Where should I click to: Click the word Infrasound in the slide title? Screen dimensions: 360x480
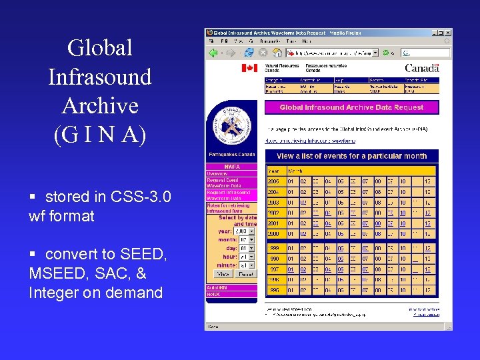pyautogui.click(x=100, y=77)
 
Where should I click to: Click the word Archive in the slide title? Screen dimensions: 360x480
pyautogui.click(x=100, y=105)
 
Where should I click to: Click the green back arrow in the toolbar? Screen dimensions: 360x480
pyautogui.click(x=213, y=52)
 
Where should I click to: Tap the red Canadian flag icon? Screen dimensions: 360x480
pyautogui.click(x=249, y=68)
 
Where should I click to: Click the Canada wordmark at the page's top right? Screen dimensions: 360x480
pyautogui.click(x=421, y=68)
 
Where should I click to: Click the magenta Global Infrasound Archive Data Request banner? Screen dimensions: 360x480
pyautogui.click(x=351, y=107)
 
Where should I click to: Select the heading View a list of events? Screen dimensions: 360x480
pyautogui.click(x=351, y=156)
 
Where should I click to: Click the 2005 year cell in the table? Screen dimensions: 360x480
pyautogui.click(x=273, y=181)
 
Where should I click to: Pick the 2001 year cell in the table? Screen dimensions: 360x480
pyautogui.click(x=273, y=224)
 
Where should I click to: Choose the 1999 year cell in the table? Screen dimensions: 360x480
pyautogui.click(x=273, y=248)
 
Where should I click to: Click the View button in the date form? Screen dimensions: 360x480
pyautogui.click(x=223, y=274)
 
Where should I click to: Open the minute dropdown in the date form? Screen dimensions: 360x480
pyautogui.click(x=247, y=265)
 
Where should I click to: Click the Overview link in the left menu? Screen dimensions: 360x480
pyautogui.click(x=217, y=172)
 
